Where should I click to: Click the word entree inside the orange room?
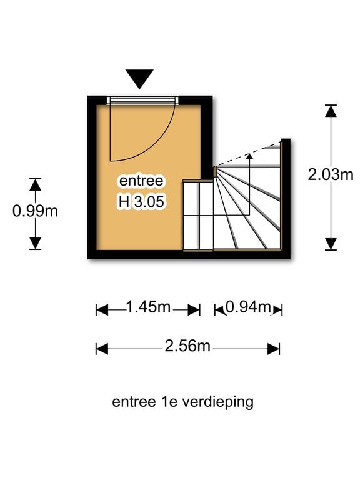141,180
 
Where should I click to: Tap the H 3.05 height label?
141,202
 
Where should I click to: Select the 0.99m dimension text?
35,211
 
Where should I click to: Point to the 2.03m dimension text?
331,175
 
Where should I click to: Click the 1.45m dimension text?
148,306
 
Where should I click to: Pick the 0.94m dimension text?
248,306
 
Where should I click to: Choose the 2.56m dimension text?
187,346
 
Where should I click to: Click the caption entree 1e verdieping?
182,402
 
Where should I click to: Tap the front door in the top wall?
142,100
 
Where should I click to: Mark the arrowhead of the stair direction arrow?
250,156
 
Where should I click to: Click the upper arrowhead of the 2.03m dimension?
331,111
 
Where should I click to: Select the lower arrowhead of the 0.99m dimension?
35,243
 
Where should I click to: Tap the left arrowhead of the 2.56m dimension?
102,349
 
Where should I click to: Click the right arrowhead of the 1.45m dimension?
194,310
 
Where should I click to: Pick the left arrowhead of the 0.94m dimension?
219,310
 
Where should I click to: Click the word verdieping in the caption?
218,402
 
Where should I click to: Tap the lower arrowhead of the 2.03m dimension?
331,244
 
